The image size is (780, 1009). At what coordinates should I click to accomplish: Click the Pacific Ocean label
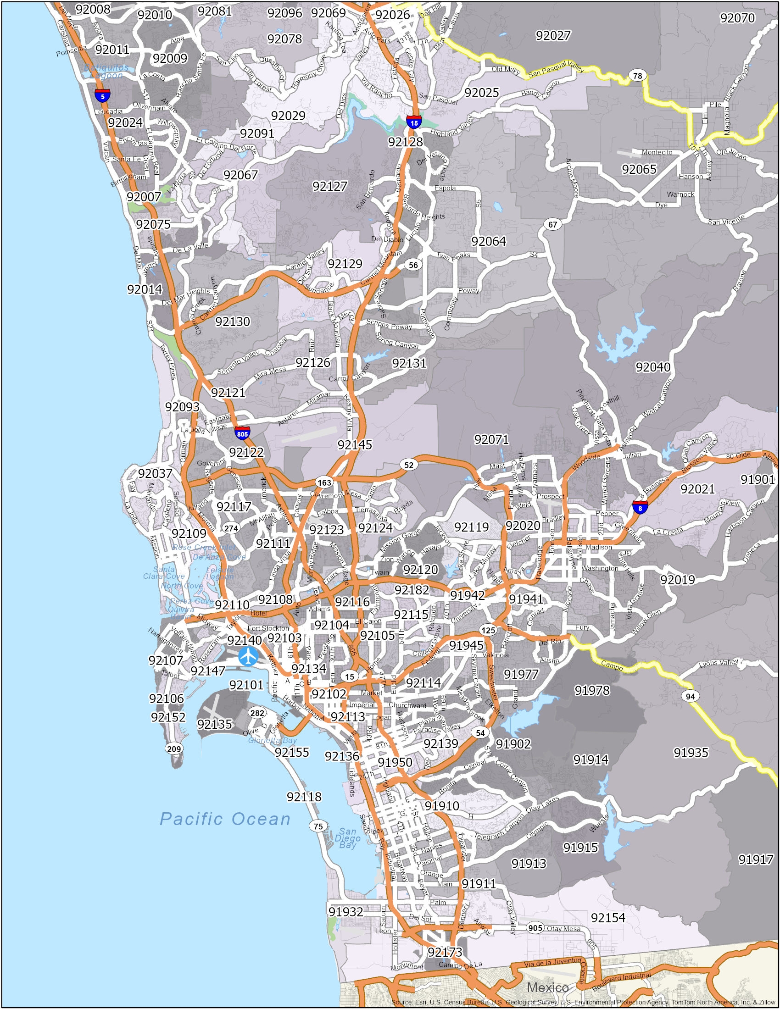(x=225, y=819)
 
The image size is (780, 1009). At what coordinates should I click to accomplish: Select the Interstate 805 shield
(x=242, y=433)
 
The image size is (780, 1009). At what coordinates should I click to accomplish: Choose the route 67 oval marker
(x=553, y=225)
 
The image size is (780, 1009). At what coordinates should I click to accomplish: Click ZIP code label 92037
(x=155, y=474)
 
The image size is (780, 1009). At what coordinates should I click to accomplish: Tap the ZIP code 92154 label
(x=608, y=918)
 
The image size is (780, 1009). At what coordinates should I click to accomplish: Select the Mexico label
(x=548, y=987)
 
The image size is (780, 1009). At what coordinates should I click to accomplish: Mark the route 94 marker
(x=691, y=696)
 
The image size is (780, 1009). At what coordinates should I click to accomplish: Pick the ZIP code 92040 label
(x=652, y=367)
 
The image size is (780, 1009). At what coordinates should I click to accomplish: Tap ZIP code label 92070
(x=737, y=18)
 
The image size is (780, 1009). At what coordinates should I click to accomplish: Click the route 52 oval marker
(x=409, y=465)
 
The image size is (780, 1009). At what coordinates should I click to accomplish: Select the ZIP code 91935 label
(x=691, y=753)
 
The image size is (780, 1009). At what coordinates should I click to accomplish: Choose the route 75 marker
(x=318, y=826)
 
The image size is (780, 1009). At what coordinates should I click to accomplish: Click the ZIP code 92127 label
(x=329, y=186)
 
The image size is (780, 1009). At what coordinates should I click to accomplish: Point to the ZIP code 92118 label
(x=304, y=797)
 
